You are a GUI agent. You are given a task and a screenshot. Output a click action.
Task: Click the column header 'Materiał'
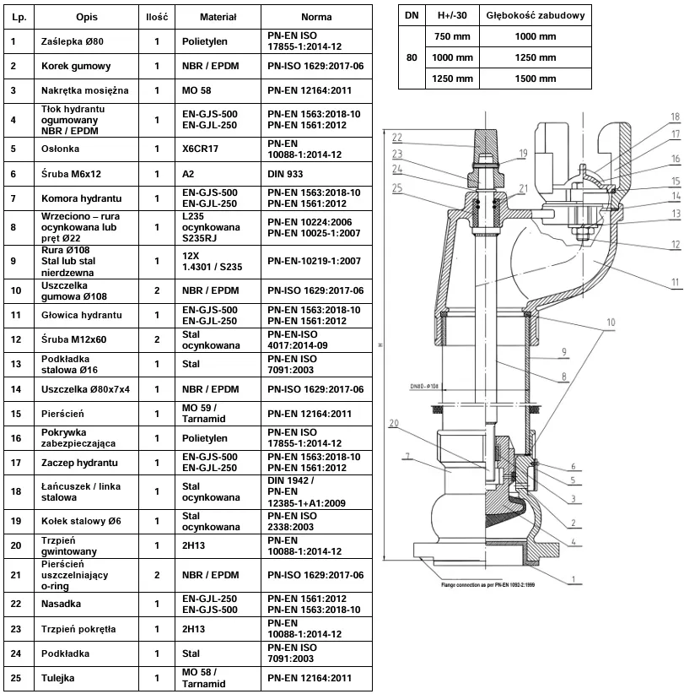(218, 17)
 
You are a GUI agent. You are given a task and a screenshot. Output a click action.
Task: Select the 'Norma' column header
(316, 17)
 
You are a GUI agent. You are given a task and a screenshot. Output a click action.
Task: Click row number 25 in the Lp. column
(13, 678)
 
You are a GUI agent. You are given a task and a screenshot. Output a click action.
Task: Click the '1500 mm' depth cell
(536, 79)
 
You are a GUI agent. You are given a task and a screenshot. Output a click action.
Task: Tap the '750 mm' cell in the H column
(452, 37)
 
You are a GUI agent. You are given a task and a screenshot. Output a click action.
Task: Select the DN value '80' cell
(412, 58)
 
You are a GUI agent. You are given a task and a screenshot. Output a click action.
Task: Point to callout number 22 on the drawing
(396, 138)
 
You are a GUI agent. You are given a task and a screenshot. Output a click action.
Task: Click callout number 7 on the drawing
(409, 458)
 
